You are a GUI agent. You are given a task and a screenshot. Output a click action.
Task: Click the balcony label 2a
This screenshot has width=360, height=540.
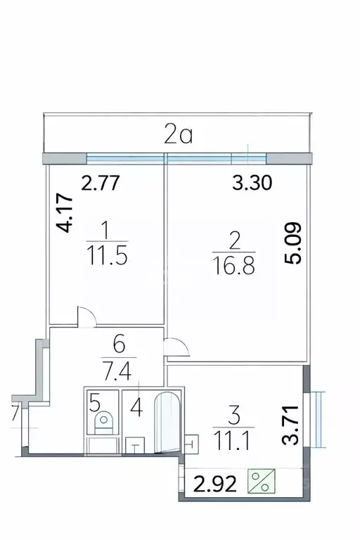coord(178,134)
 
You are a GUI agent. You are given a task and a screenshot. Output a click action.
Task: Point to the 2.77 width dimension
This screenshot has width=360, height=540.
coord(103,184)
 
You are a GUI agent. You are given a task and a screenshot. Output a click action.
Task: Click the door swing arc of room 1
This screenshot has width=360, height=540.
coord(84,318)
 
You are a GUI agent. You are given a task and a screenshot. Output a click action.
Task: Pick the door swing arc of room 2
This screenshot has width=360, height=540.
coord(174,346)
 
